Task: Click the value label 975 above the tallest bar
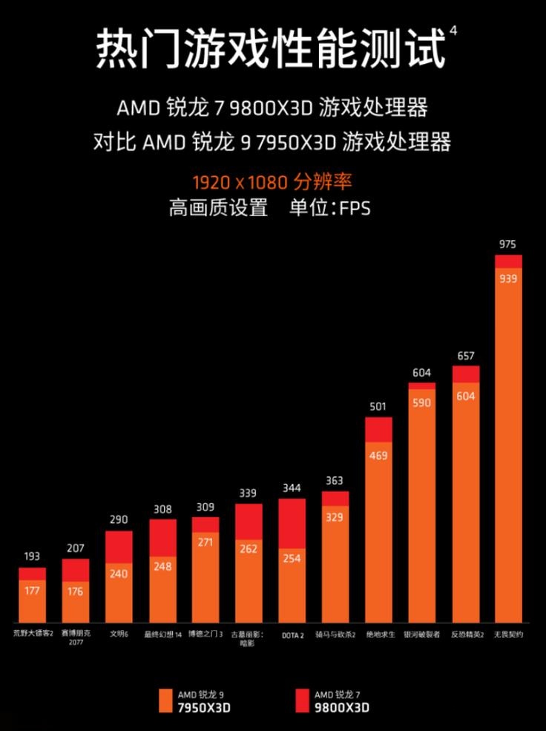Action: pyautogui.click(x=508, y=244)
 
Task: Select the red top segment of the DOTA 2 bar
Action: pyautogui.click(x=292, y=523)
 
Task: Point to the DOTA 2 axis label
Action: pyautogui.click(x=292, y=635)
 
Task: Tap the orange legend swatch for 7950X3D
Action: pyautogui.click(x=166, y=701)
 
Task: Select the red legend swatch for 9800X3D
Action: pyautogui.click(x=302, y=701)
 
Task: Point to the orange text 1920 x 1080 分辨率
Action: pyautogui.click(x=272, y=182)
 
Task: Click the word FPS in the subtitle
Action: pyautogui.click(x=355, y=208)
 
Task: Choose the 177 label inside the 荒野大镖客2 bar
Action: pyautogui.click(x=33, y=591)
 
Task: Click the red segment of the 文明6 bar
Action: pyautogui.click(x=119, y=547)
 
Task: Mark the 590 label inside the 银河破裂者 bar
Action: pyautogui.click(x=421, y=402)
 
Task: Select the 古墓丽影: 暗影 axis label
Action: pyautogui.click(x=249, y=638)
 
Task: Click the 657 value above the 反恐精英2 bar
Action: pyautogui.click(x=465, y=356)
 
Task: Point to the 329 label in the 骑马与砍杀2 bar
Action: pyautogui.click(x=335, y=517)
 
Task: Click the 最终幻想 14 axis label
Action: pyautogui.click(x=162, y=635)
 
